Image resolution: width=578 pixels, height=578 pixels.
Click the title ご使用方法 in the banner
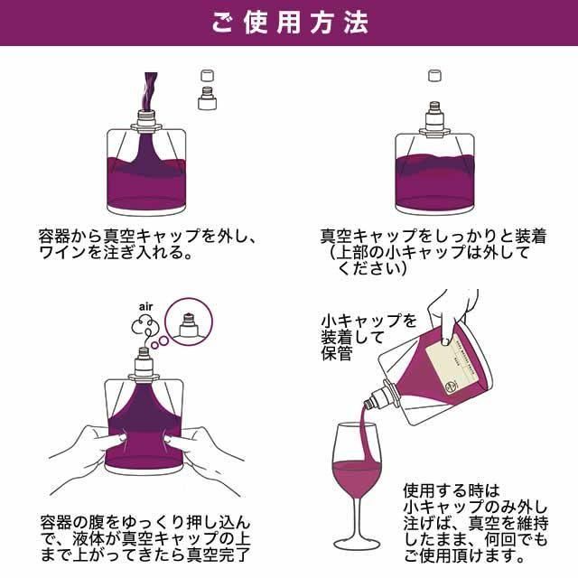[x=290, y=23]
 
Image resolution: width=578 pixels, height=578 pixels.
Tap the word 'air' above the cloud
[x=146, y=307]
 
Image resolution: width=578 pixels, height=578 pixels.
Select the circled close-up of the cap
[x=189, y=322]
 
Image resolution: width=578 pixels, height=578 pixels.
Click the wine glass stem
[x=357, y=517]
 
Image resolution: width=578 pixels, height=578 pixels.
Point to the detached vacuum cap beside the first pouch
[x=207, y=98]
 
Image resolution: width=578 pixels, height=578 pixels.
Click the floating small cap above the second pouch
[x=434, y=76]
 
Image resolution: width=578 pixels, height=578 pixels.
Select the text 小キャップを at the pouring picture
[x=369, y=321]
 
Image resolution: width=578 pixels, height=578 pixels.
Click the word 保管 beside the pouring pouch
[x=337, y=353]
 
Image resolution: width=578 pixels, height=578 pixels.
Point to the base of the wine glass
[x=357, y=544]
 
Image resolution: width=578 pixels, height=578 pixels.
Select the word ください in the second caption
[x=368, y=269]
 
